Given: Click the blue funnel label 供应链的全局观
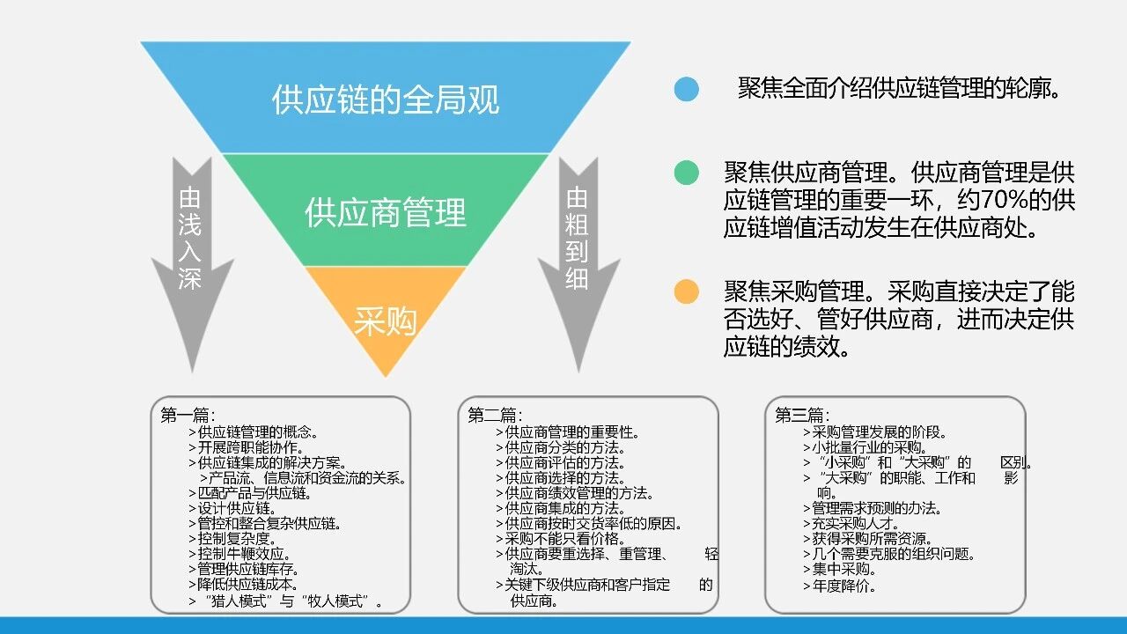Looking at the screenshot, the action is (386, 100).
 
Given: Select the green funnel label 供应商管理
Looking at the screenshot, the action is (386, 212).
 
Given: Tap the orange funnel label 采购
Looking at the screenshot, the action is (386, 321).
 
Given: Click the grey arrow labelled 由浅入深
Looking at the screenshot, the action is (192, 264).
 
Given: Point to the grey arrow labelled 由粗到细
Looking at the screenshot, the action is (578, 264).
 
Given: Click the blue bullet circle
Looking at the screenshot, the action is (686, 90).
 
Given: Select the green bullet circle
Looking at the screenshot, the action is (686, 173).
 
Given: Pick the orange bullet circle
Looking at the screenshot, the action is (686, 291).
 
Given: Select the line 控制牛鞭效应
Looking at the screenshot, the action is (239, 554).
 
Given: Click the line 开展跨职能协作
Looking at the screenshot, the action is (246, 447).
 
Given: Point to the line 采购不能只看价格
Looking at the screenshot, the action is (561, 538).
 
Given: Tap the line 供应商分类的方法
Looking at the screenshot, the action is (561, 447).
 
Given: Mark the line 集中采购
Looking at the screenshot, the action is (840, 569).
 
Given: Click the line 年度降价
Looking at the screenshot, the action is (840, 586).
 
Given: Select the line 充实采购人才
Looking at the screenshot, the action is (851, 523).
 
